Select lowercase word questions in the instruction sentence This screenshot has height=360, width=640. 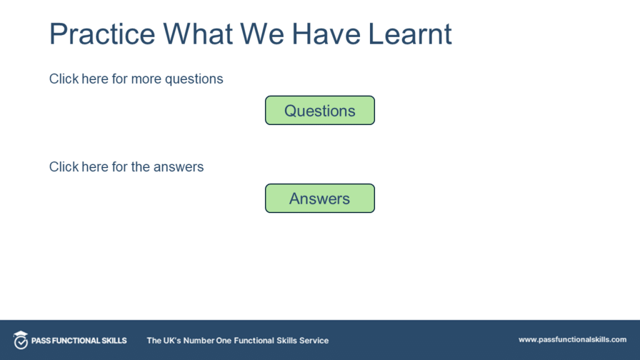click(x=194, y=79)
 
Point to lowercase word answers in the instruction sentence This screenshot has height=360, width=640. click(x=179, y=167)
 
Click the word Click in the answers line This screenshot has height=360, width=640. click(x=64, y=167)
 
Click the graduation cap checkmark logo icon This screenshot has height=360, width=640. click(x=21, y=340)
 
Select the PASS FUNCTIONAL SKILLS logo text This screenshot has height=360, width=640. click(x=79, y=341)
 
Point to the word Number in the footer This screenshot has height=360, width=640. click(x=199, y=341)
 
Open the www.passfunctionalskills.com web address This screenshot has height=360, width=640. click(x=572, y=339)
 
